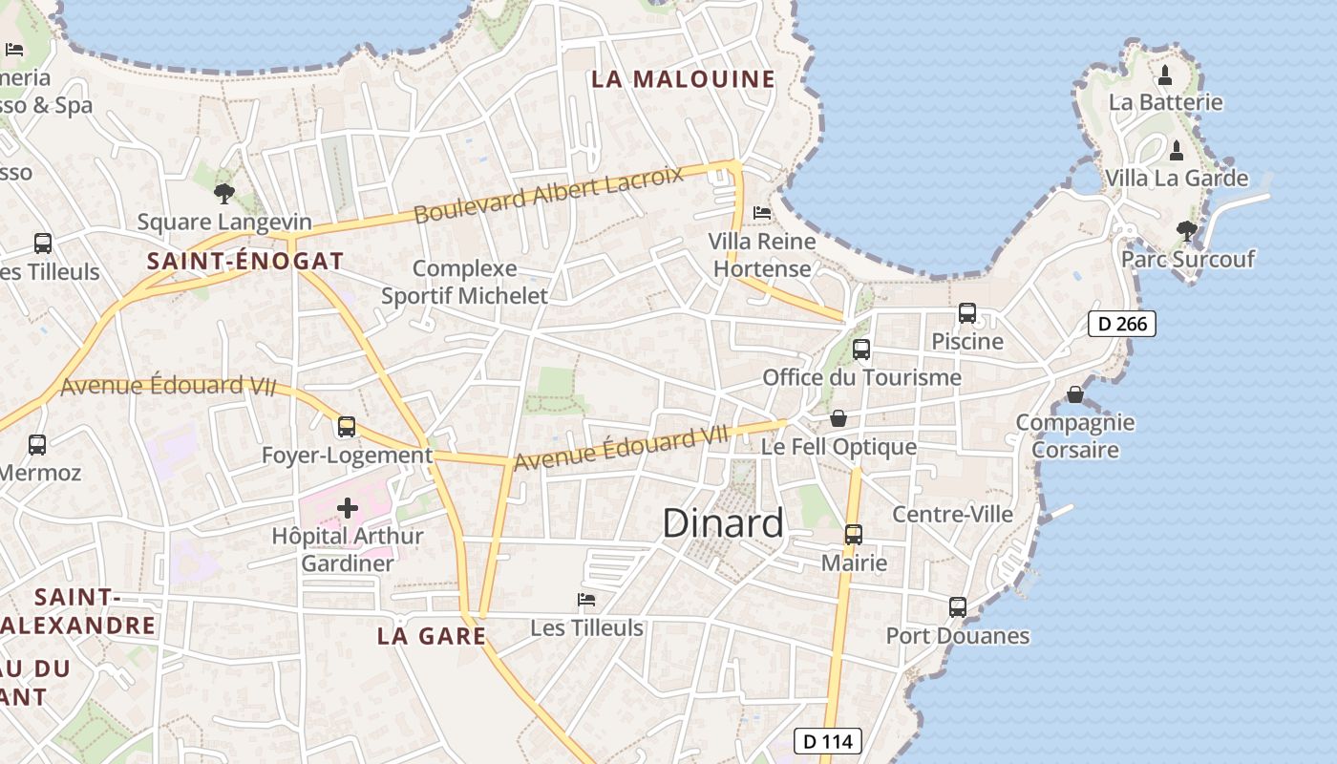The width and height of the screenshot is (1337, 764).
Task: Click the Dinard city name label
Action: tap(723, 522)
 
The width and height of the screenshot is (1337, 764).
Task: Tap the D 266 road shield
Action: tap(1122, 324)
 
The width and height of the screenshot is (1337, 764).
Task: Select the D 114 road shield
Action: tap(828, 741)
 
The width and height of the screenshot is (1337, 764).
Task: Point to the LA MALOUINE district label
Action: tap(683, 79)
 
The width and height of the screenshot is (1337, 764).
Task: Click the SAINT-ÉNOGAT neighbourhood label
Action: tap(245, 261)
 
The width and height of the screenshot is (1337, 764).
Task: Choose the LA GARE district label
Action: tap(432, 635)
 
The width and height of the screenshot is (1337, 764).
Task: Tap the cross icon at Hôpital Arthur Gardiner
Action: tap(347, 508)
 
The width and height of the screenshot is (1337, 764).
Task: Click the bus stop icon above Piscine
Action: tap(967, 313)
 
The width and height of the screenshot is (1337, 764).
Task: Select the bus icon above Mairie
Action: tap(854, 535)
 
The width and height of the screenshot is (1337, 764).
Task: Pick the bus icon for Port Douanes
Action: tap(958, 607)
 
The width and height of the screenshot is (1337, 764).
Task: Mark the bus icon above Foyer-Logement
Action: tap(347, 427)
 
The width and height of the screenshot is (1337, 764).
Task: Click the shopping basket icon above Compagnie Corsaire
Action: tap(1075, 394)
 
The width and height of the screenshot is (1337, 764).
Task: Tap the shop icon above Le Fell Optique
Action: tap(838, 418)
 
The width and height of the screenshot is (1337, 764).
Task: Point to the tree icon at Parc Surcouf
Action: tap(1187, 230)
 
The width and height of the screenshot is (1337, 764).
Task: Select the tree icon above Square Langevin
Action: tap(224, 194)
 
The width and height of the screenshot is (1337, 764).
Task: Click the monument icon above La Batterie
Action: tap(1165, 74)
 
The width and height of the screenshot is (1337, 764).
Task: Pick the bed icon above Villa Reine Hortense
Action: tap(762, 212)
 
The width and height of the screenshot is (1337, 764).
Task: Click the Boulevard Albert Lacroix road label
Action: tap(549, 194)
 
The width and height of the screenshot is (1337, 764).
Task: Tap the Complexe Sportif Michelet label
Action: tap(465, 282)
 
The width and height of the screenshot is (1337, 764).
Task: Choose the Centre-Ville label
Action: tap(952, 514)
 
